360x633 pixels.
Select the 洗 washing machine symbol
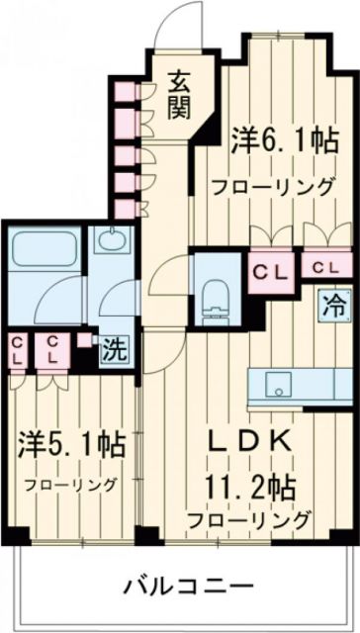114,348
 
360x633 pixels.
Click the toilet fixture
213,298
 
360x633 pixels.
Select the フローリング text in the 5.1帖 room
69,485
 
